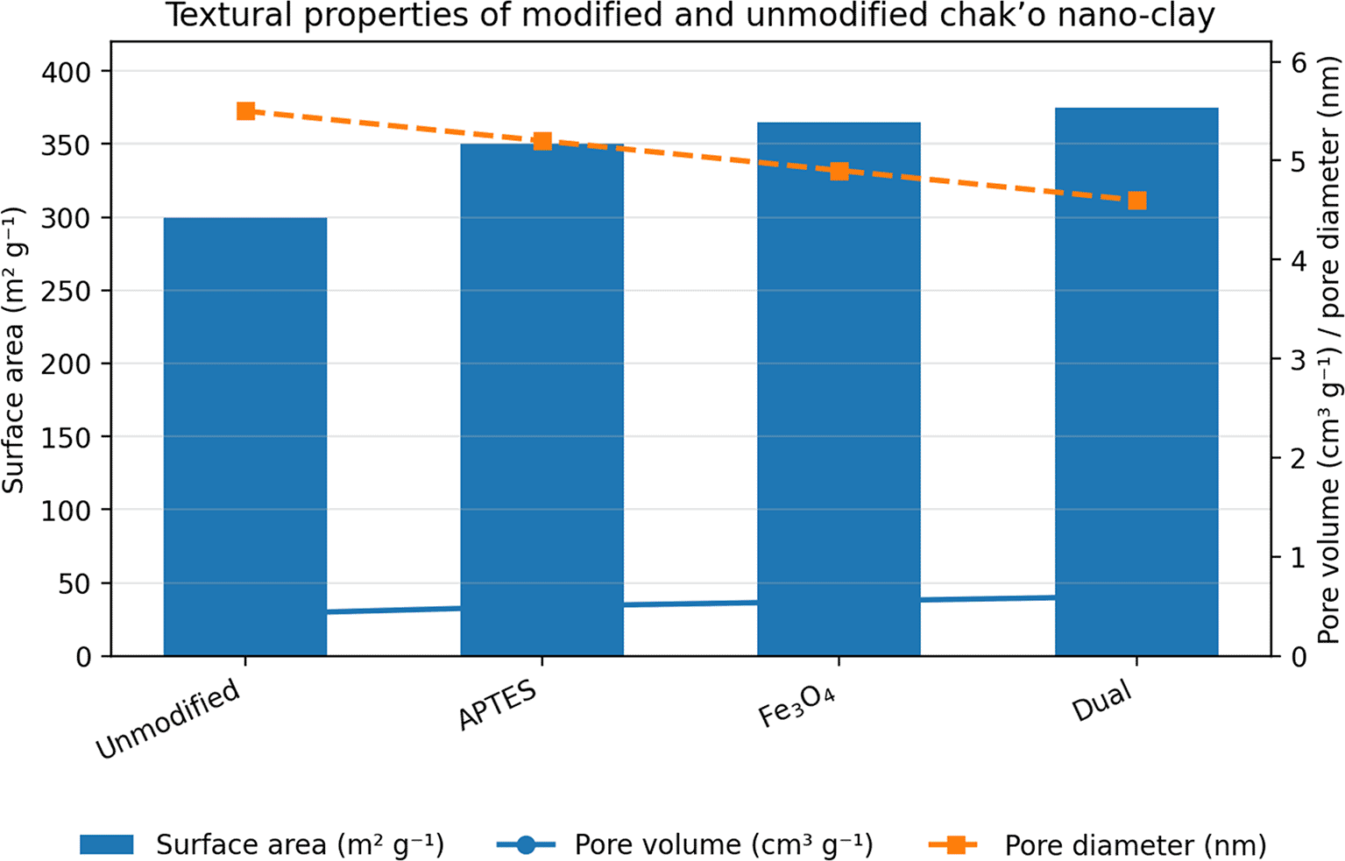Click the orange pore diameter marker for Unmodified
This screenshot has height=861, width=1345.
[245, 111]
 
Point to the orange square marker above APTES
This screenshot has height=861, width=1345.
[542, 141]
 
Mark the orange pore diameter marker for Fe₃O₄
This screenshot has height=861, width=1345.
[839, 171]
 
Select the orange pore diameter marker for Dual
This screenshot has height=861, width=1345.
[1136, 201]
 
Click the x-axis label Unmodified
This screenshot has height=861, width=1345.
[168, 719]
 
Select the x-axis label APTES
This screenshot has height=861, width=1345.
[497, 705]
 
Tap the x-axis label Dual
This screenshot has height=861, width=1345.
[1102, 702]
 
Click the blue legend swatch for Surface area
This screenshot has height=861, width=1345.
[107, 844]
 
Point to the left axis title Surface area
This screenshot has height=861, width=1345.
[12, 350]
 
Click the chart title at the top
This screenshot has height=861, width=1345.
[690, 16]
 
